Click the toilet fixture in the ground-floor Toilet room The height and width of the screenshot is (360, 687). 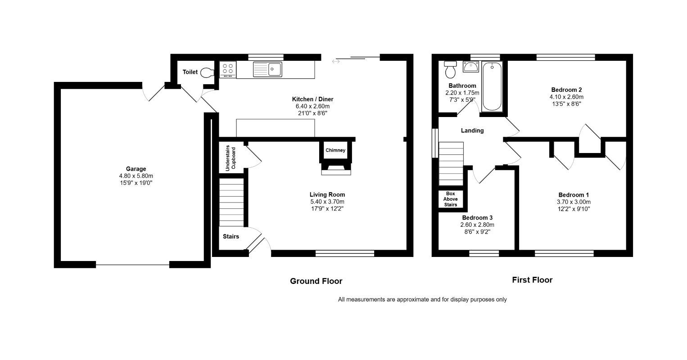[208, 72]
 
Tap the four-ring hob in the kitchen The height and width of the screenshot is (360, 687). [227, 70]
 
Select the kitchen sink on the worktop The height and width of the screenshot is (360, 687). [267, 69]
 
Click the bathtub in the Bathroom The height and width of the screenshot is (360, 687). [492, 86]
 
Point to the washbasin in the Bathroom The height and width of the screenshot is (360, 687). [471, 67]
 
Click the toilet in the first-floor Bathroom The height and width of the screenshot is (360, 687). [451, 70]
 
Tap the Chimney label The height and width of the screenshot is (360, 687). [335, 150]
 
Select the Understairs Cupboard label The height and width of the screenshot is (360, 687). [231, 158]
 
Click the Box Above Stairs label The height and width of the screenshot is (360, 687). [451, 199]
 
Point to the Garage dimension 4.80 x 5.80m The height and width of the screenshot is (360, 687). [136, 176]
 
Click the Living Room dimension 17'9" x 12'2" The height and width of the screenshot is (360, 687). [327, 209]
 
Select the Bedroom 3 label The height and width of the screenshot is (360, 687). [477, 218]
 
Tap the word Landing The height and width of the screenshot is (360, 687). [472, 130]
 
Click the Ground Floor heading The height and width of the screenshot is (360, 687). [316, 281]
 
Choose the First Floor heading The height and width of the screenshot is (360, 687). [532, 280]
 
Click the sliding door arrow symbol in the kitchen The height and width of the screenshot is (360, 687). [336, 62]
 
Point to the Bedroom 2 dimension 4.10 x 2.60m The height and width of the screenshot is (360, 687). [566, 97]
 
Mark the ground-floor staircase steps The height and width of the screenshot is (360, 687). [231, 202]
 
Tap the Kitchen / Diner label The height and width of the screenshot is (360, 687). [312, 99]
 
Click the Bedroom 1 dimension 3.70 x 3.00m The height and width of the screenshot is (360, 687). [574, 202]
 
